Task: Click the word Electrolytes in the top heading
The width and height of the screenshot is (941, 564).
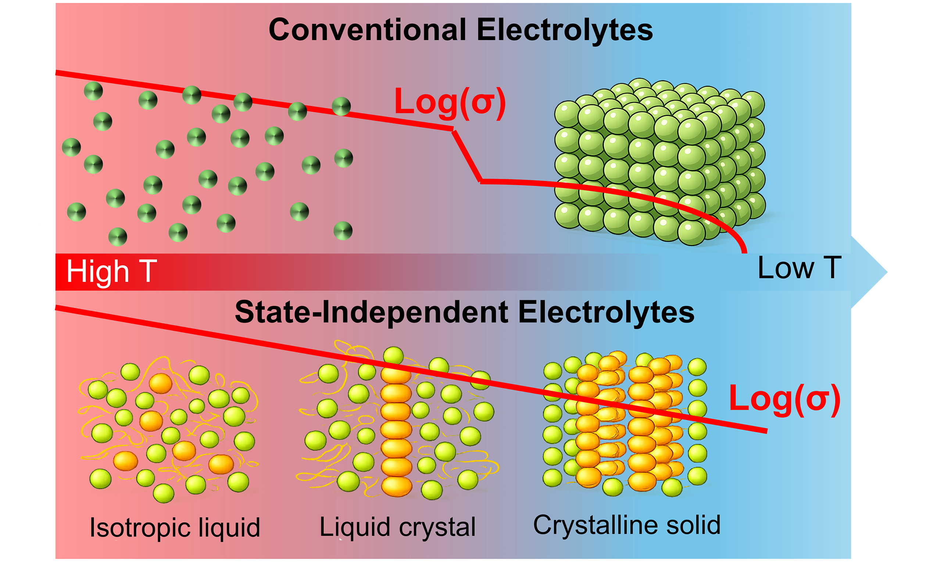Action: pos(565,30)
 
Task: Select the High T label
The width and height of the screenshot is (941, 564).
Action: pos(111,271)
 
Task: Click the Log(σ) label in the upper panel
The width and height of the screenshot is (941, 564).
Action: pos(450,102)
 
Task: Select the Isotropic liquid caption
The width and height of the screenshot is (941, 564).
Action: pos(175,528)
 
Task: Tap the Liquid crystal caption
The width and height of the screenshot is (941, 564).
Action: pos(397,527)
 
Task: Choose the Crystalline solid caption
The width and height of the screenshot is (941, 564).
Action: pos(627,525)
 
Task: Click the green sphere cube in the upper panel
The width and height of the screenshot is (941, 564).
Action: pos(660,162)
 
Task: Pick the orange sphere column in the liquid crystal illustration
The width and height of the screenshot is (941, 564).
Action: pos(396,430)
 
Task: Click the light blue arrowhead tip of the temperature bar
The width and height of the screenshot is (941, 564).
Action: pos(875,272)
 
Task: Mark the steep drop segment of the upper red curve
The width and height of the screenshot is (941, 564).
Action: pos(467,156)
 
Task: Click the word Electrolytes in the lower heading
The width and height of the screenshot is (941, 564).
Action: pos(606,312)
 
